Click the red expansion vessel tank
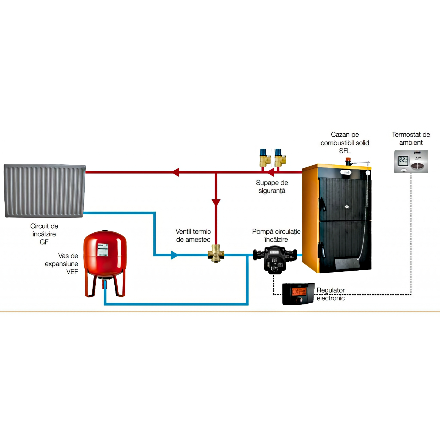(105, 256)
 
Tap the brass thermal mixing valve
(216, 254)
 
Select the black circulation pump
(275, 258)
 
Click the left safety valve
(265, 158)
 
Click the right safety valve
(280, 158)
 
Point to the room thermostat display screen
(403, 160)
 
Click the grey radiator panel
(45, 191)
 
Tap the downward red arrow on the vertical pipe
(216, 203)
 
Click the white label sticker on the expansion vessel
(103, 250)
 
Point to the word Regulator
(331, 290)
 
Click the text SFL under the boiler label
(345, 151)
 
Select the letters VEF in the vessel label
(72, 272)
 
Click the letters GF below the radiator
(44, 242)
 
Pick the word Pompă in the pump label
(262, 232)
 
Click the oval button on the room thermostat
(417, 166)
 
